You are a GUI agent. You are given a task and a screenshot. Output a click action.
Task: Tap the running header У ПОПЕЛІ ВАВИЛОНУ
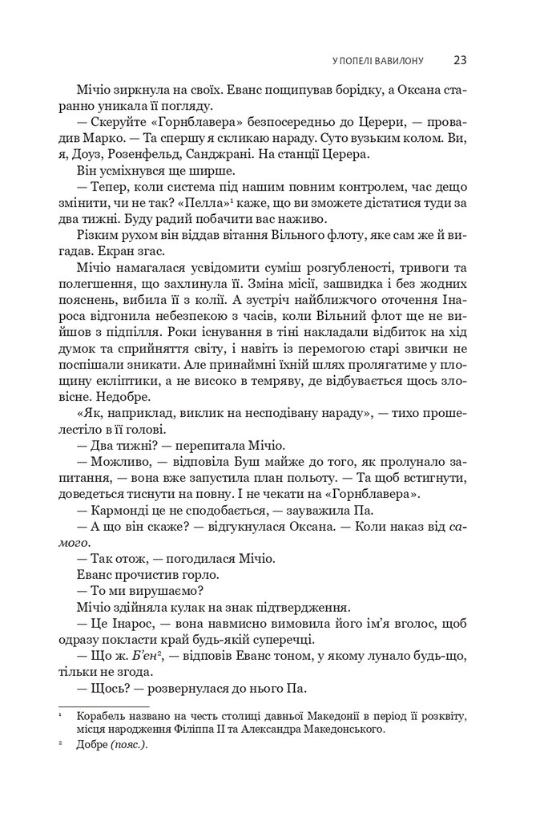[x=378, y=60]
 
